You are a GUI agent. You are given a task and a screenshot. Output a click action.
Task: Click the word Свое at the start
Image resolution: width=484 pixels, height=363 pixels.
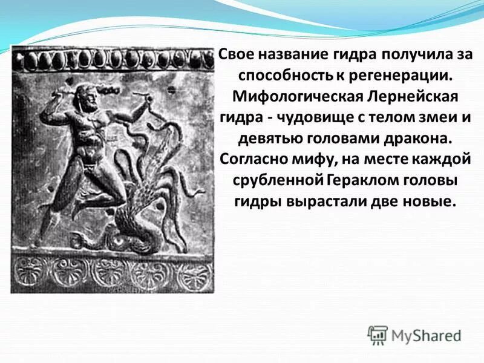point(235,54)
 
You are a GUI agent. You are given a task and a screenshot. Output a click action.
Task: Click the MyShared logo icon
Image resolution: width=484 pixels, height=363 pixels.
point(378,335)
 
